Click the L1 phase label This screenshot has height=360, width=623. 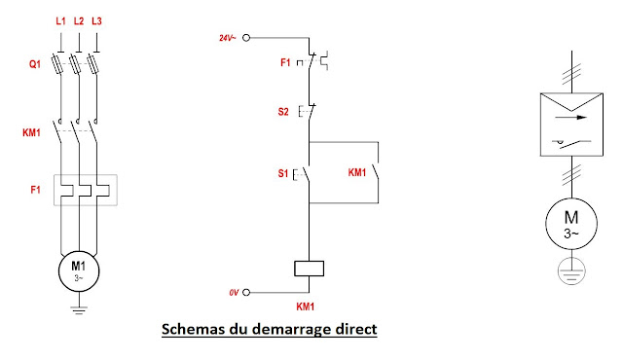tap(61, 20)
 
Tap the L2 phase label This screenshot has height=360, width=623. tap(79, 20)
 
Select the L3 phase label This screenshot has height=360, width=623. tap(95, 20)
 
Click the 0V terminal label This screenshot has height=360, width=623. tap(233, 291)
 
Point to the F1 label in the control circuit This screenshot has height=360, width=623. tap(285, 62)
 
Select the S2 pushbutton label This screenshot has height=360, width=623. tap(285, 111)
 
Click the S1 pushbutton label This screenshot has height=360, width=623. tap(285, 174)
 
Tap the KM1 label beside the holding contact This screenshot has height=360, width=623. tap(357, 173)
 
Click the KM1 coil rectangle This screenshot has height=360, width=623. tap(308, 270)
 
